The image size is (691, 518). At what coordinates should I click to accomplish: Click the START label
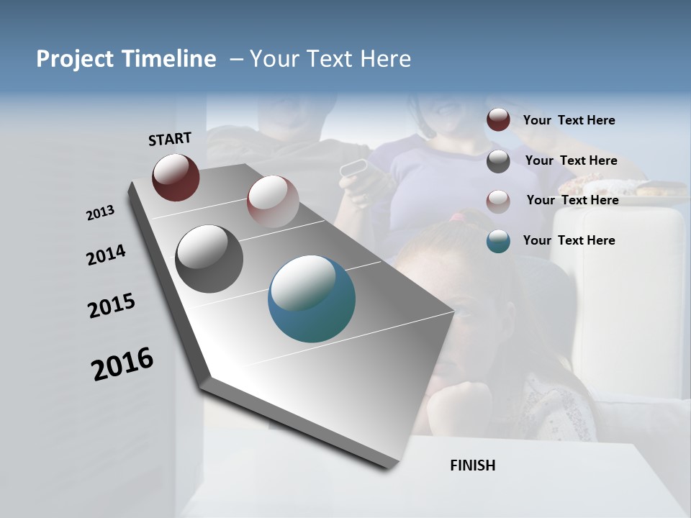pyautogui.click(x=170, y=139)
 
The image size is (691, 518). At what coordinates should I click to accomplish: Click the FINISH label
pyautogui.click(x=472, y=465)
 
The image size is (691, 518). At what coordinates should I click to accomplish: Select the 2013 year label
pyautogui.click(x=101, y=212)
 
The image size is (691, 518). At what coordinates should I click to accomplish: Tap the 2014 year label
pyautogui.click(x=106, y=255)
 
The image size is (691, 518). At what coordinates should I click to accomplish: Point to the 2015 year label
pyautogui.click(x=112, y=306)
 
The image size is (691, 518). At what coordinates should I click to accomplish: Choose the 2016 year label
pyautogui.click(x=122, y=363)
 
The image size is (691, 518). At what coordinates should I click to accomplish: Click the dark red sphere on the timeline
pyautogui.click(x=176, y=177)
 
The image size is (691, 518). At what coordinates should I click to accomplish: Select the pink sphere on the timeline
pyautogui.click(x=273, y=201)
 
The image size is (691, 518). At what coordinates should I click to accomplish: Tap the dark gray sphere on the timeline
pyautogui.click(x=209, y=259)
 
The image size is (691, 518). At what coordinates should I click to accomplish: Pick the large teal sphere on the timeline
pyautogui.click(x=312, y=299)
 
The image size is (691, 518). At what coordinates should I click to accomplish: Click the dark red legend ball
pyautogui.click(x=498, y=120)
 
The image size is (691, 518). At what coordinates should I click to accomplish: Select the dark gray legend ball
pyautogui.click(x=498, y=161)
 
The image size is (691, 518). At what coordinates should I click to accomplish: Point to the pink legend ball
pyautogui.click(x=498, y=201)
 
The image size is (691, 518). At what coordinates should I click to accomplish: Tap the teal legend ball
pyautogui.click(x=498, y=241)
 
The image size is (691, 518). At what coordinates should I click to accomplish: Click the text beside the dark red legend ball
pyautogui.click(x=569, y=120)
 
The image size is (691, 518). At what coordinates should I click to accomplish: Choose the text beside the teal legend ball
pyautogui.click(x=569, y=240)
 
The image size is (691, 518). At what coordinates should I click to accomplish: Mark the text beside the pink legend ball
pyautogui.click(x=572, y=200)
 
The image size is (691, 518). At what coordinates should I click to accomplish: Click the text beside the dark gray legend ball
pyautogui.click(x=571, y=160)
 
